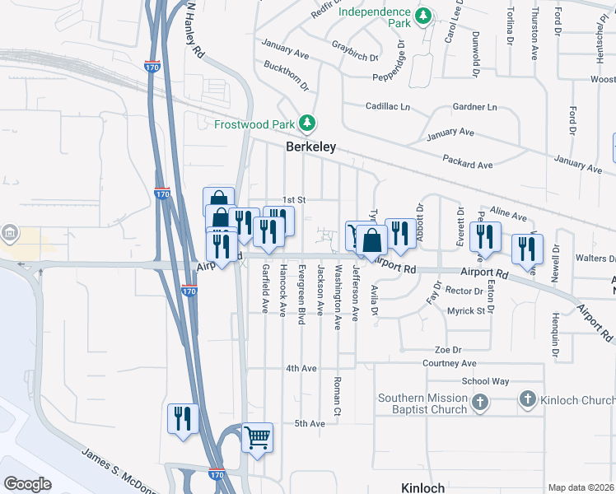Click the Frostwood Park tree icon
307,123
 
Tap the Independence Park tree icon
422,16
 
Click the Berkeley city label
310,147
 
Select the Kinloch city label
422,487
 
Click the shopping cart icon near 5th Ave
257,438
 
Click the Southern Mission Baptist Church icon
481,403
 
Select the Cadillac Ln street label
388,107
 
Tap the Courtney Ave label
450,363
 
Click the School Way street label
485,381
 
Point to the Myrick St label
465,310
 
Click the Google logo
27,484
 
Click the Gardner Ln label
475,107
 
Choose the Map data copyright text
581,487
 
